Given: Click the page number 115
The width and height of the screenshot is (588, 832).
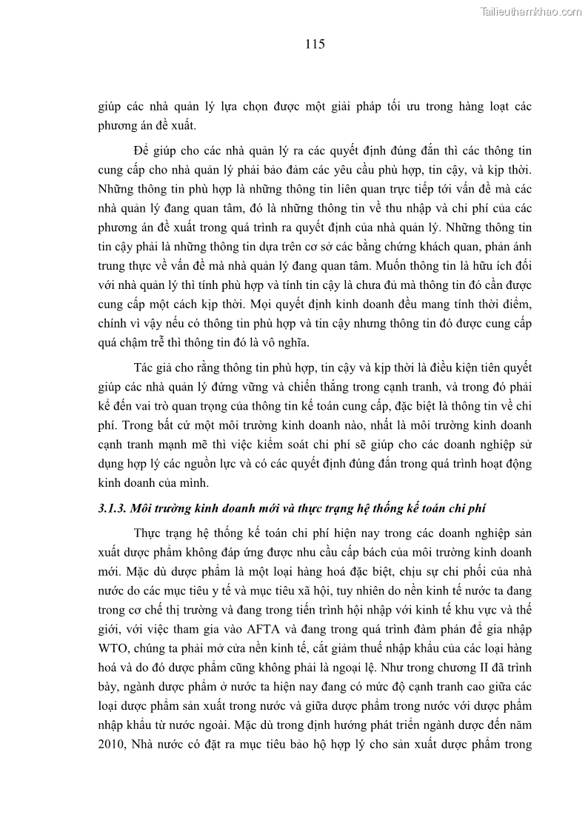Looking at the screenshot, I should [315, 44].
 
